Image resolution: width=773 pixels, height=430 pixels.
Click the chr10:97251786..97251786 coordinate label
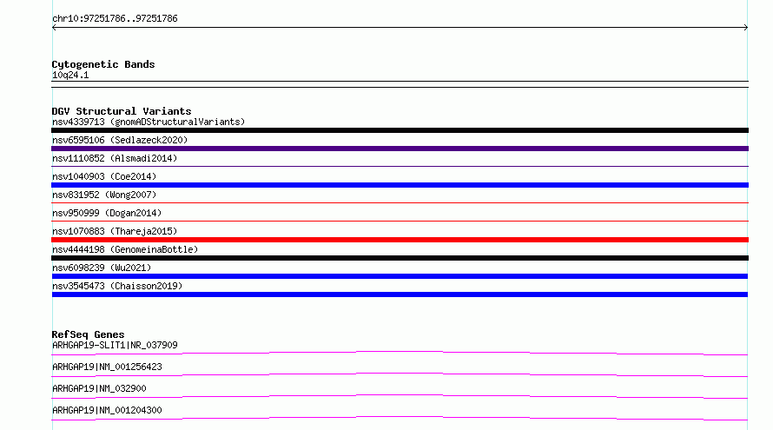(x=115, y=19)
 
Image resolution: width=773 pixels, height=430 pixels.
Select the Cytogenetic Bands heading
(x=103, y=64)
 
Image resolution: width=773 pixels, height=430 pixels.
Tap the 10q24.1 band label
(x=70, y=75)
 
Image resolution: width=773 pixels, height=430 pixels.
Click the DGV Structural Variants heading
(x=122, y=111)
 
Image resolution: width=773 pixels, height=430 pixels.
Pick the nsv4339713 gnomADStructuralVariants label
(x=149, y=122)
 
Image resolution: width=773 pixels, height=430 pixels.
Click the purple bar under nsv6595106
(x=400, y=149)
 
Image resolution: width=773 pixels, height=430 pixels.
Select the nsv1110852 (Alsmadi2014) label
(x=115, y=158)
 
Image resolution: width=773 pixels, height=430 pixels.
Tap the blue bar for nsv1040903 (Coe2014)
(x=400, y=185)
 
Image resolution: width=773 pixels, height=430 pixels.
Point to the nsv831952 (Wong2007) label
(x=104, y=195)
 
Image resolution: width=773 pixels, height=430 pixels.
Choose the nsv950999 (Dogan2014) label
(x=107, y=213)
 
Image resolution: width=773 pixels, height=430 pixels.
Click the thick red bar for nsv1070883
(x=400, y=240)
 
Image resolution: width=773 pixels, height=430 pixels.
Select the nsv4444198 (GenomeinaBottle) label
(x=125, y=249)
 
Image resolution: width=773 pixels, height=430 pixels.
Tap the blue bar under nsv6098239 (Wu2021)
(x=400, y=276)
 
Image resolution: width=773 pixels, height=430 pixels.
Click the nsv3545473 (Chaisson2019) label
(x=117, y=286)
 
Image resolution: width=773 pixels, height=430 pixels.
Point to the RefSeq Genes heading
(x=88, y=334)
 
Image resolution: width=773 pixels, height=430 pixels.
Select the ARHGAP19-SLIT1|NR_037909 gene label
(x=115, y=345)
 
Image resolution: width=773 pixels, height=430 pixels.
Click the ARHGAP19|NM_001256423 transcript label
(x=107, y=367)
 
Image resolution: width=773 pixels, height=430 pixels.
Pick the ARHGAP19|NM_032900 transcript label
(x=99, y=388)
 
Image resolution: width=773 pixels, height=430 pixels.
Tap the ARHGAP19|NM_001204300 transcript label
(x=107, y=410)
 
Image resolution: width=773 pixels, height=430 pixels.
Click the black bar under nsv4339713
(x=400, y=130)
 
